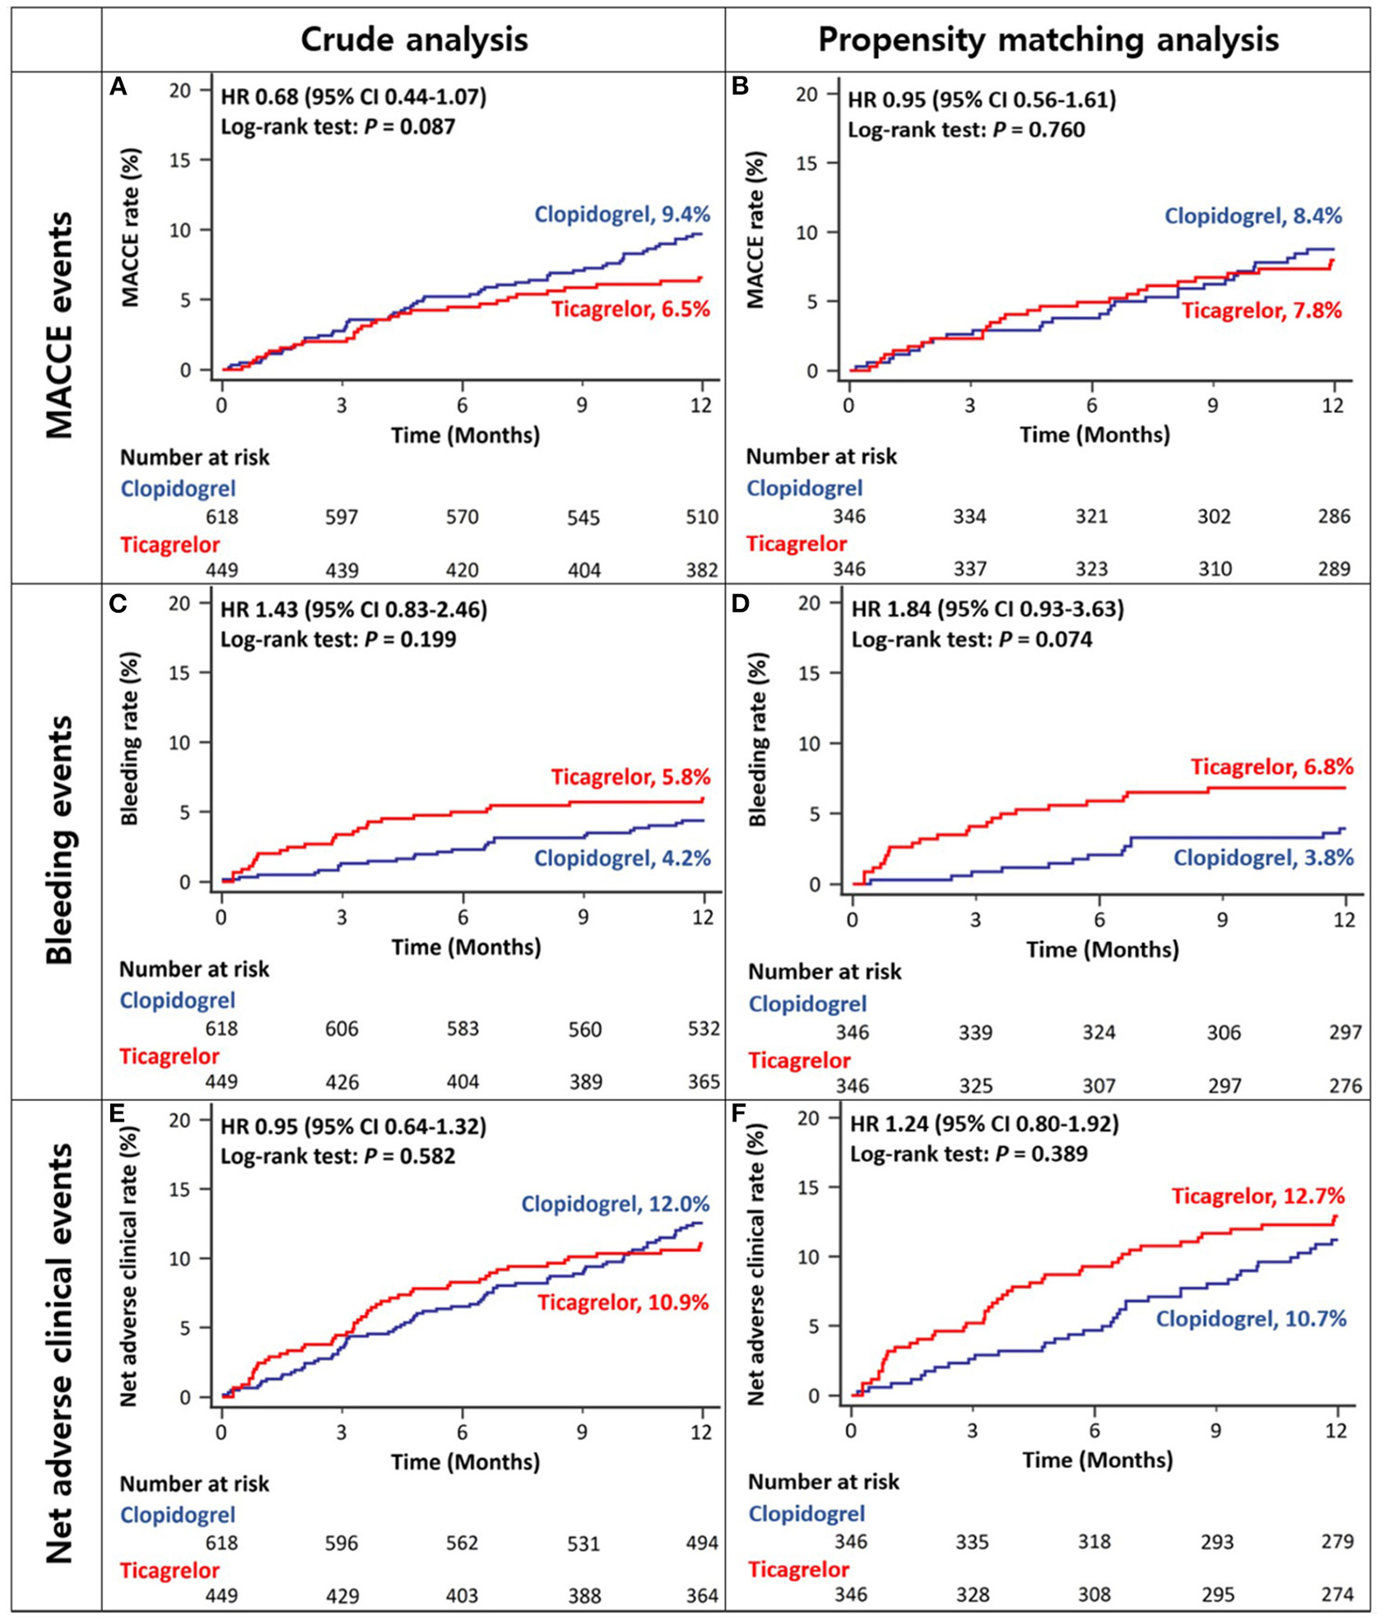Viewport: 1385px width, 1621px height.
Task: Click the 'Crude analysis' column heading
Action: (x=414, y=39)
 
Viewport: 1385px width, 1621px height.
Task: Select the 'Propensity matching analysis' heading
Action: (x=1048, y=39)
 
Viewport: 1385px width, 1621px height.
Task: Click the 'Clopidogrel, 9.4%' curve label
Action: (x=622, y=215)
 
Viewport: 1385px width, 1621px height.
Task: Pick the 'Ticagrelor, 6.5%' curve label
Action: (x=630, y=309)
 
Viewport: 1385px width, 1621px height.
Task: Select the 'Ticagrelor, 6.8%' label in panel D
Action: (x=1271, y=767)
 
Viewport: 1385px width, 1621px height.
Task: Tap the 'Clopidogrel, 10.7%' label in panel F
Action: (x=1251, y=1319)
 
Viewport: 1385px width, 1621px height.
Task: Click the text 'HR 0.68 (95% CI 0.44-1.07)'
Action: (x=353, y=97)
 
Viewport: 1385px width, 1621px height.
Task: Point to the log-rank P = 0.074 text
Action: (x=971, y=639)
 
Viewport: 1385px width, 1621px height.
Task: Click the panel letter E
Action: (x=117, y=1115)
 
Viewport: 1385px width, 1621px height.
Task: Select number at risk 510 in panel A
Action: (x=702, y=518)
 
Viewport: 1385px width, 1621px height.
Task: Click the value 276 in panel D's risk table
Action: (x=1345, y=1085)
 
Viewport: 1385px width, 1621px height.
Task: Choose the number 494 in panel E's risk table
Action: (x=702, y=1543)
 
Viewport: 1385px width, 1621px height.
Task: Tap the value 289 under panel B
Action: (x=1333, y=569)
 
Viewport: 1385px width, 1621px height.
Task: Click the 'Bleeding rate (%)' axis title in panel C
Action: (x=130, y=737)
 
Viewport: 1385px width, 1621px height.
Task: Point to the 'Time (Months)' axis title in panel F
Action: (x=1097, y=1461)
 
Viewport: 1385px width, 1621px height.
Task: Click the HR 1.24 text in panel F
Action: (x=984, y=1124)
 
